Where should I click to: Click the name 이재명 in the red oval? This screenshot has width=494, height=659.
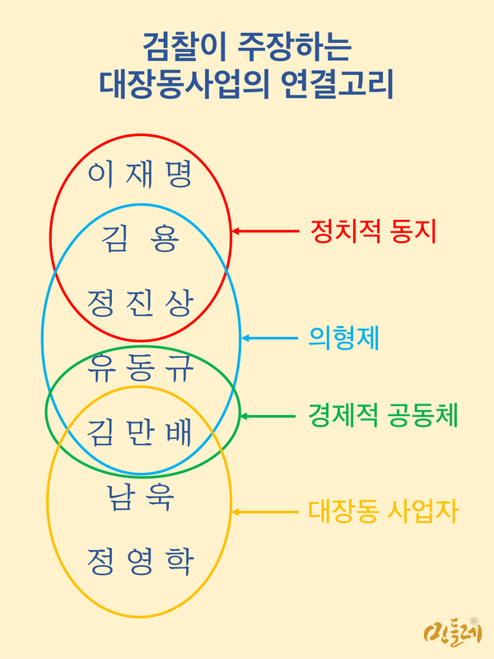pyautogui.click(x=140, y=175)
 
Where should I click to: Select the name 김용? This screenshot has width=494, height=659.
pyautogui.click(x=140, y=240)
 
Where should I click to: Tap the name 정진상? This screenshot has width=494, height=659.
pyautogui.click(x=140, y=303)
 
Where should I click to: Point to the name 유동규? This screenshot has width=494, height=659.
pyautogui.click(x=140, y=367)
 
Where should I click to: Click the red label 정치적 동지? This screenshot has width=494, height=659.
pyautogui.click(x=373, y=231)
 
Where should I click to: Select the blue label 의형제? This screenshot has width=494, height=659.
pyautogui.click(x=338, y=337)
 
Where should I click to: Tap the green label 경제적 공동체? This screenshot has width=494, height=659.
pyautogui.click(x=382, y=415)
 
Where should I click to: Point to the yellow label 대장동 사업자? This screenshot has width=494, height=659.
pyautogui.click(x=383, y=512)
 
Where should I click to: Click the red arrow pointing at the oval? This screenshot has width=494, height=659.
pyautogui.click(x=263, y=231)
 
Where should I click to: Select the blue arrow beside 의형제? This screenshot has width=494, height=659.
pyautogui.click(x=269, y=338)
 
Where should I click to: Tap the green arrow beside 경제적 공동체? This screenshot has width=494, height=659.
pyautogui.click(x=268, y=415)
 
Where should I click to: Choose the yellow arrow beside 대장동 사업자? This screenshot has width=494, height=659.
pyautogui.click(x=263, y=512)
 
